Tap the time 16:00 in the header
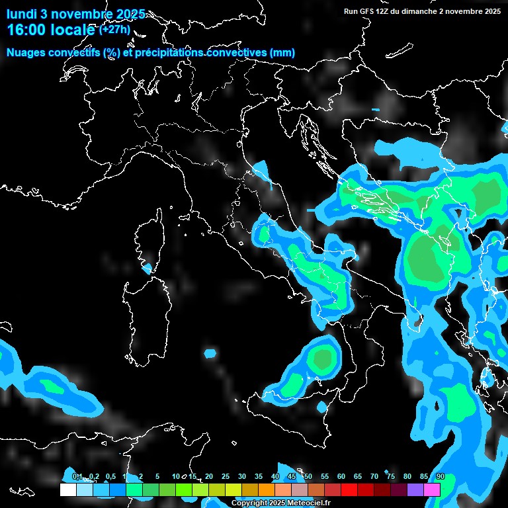pos(27,30)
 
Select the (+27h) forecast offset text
pos(114,30)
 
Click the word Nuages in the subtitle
pos(26,53)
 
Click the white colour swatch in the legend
pos(67,489)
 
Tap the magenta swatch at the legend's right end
pos(432,489)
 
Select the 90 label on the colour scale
pos(441,477)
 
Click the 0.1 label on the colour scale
pos(77,477)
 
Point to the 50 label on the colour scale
pos(308,477)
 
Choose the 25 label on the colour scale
pos(226,477)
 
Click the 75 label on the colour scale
pos(391,477)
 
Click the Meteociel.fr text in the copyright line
pos(309,503)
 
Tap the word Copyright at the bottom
pos(249,503)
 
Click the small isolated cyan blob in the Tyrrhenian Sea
pos(210,353)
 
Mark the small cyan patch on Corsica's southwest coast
pos(147,269)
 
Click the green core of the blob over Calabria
pos(323,359)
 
